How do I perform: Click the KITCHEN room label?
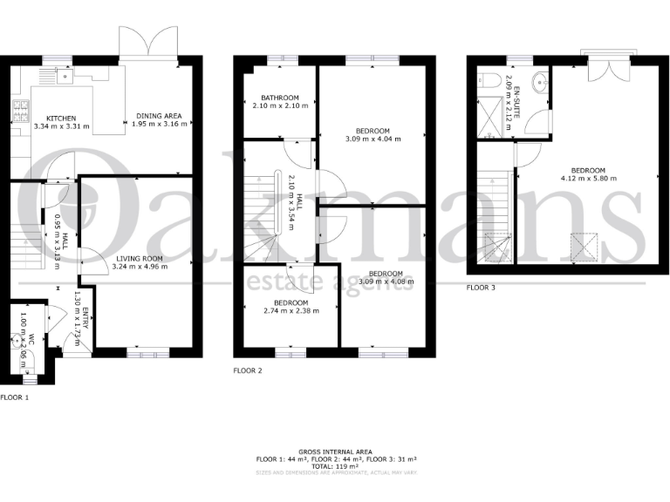pos(61,118)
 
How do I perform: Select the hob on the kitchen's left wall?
pos(20,111)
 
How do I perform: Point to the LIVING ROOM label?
pos(138,258)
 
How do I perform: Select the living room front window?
pos(145,353)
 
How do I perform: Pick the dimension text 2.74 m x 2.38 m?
pos(291,310)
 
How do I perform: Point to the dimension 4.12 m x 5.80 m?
pos(588,178)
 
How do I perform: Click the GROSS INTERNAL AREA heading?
pos(335,451)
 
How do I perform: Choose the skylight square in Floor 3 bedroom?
pos(585,248)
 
